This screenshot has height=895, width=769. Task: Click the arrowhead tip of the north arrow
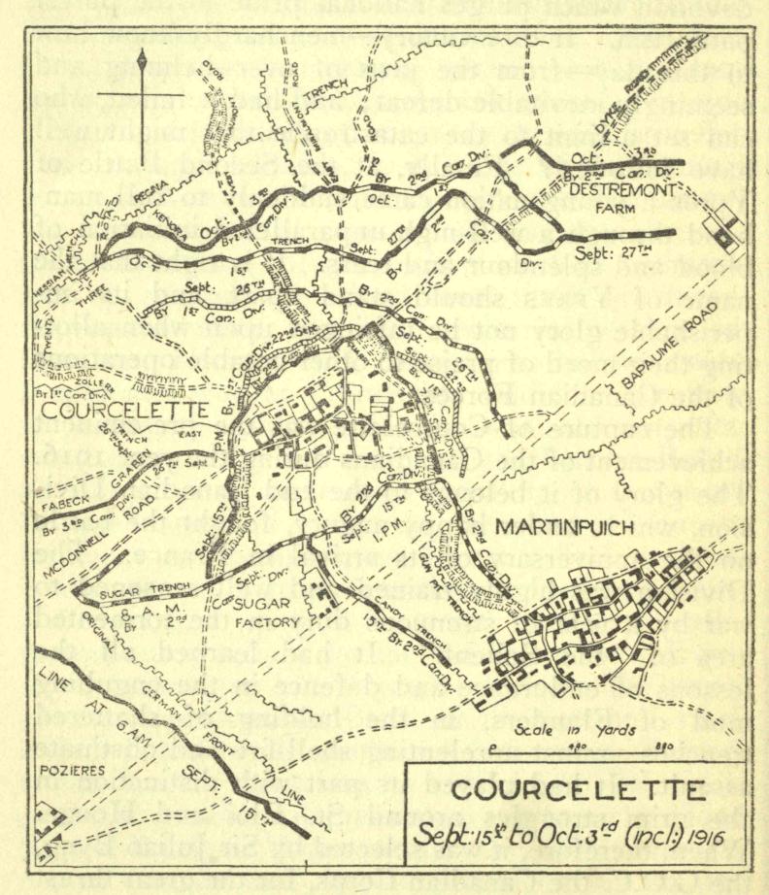142,53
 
